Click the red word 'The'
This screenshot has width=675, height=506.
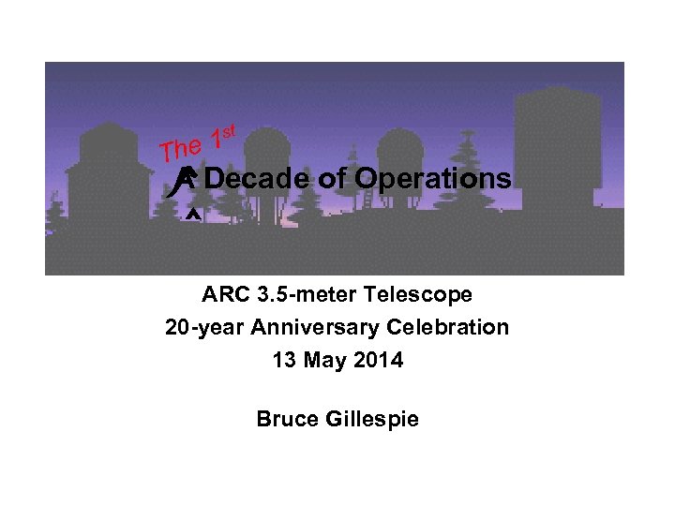click(180, 148)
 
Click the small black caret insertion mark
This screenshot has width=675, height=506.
click(191, 215)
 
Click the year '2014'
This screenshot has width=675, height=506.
click(380, 360)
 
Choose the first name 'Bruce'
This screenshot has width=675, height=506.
click(287, 419)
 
